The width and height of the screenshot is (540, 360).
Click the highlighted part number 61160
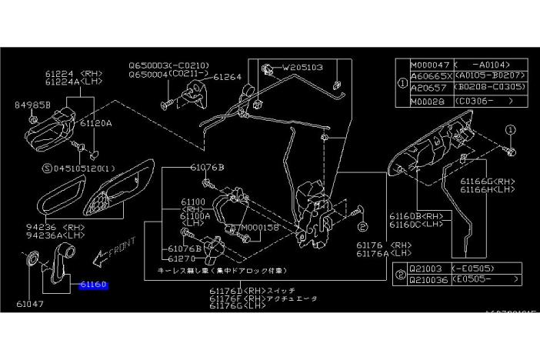click(94, 284)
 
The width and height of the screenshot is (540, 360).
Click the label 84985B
click(32, 105)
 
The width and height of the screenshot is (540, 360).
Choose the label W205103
click(302, 67)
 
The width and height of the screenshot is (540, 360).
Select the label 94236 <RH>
click(59, 227)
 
